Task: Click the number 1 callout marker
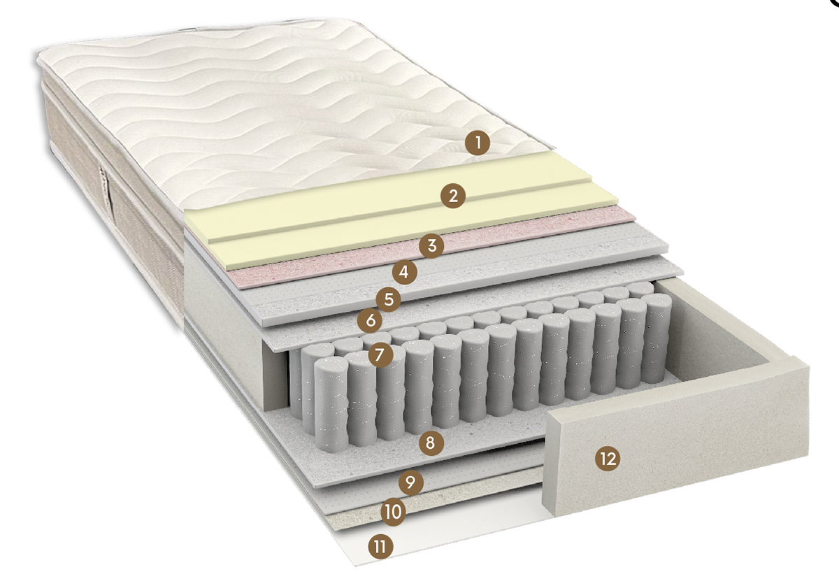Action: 478,143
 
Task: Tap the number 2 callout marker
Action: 453,196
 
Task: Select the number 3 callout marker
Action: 431,245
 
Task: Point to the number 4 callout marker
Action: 405,272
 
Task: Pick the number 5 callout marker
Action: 389,299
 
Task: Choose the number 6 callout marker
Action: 370,320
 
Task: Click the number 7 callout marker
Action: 380,354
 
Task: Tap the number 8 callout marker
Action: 431,443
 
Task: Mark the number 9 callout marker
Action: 411,482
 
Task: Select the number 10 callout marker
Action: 393,512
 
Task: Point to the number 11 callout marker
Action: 380,547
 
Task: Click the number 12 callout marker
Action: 608,459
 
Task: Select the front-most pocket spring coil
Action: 331,404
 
